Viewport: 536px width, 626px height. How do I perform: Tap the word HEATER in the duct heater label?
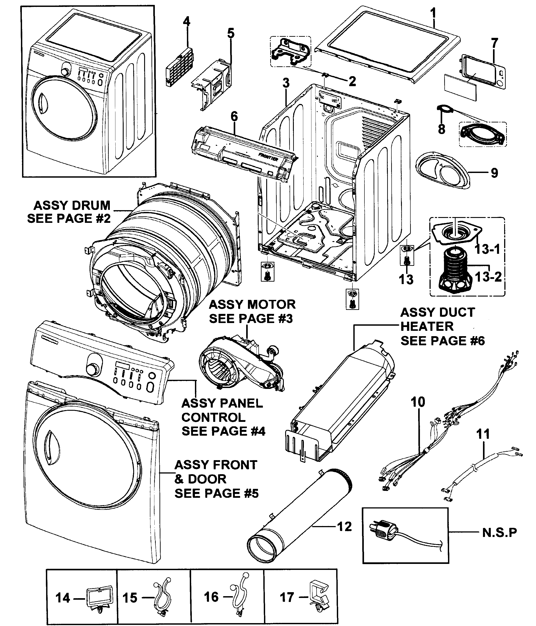[x=427, y=326]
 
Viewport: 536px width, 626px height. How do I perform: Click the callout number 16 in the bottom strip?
[x=211, y=597]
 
